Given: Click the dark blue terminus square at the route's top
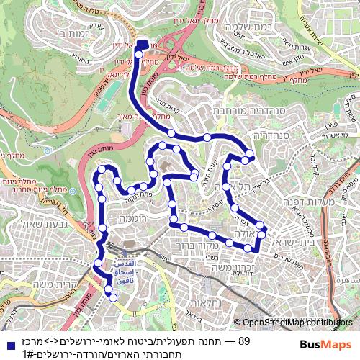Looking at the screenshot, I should (x=142, y=45).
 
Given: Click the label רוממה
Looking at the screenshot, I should (x=133, y=217).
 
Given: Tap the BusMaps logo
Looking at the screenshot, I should (x=326, y=344).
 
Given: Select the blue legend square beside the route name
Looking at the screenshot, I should (x=6, y=341).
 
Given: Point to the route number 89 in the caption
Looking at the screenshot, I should (x=243, y=341).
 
